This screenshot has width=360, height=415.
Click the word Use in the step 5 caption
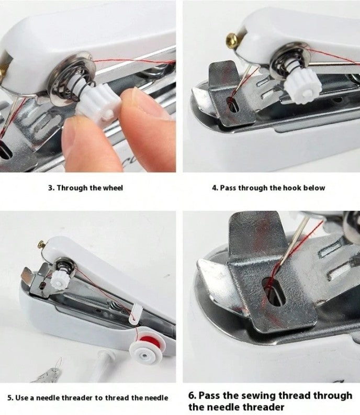coord(23,398)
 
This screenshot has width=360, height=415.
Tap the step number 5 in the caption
coord(9,398)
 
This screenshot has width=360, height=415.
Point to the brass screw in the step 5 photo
coord(41,243)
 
